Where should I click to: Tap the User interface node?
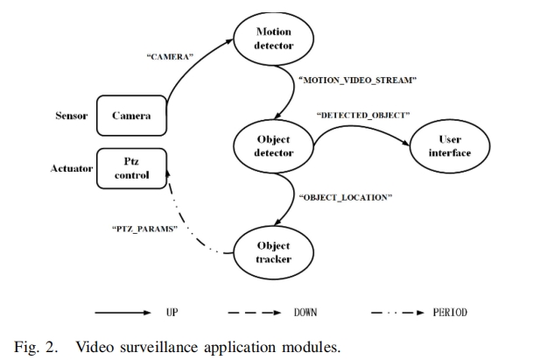[449, 146]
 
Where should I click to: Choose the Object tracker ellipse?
[273, 252]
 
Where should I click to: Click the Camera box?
[130, 116]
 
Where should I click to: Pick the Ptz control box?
[130, 167]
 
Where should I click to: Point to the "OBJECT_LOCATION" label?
[345, 197]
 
